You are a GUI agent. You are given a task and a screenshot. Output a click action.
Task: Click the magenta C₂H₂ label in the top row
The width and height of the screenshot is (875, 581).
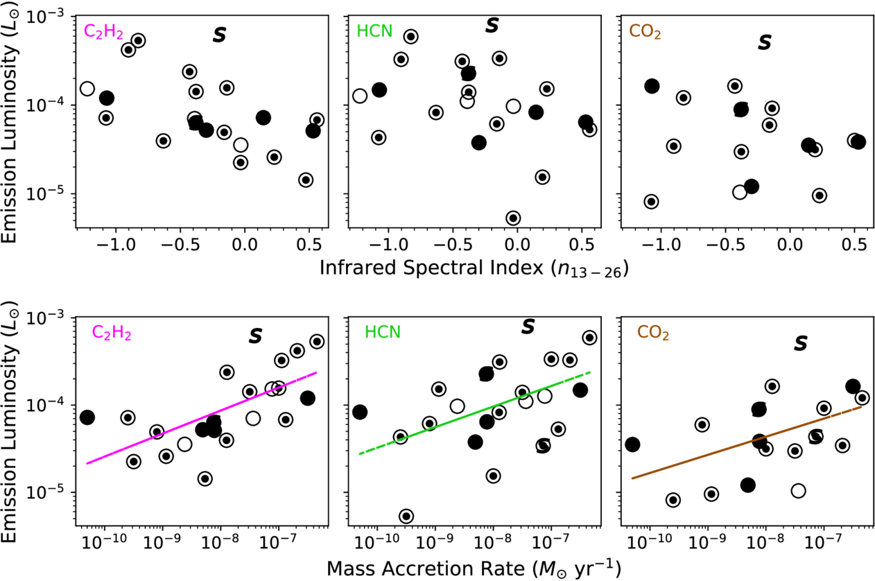[103, 32]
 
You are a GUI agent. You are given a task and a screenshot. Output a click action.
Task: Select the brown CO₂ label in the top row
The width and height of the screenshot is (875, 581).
[644, 32]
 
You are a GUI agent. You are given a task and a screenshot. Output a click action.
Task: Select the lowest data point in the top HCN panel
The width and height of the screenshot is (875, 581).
[513, 218]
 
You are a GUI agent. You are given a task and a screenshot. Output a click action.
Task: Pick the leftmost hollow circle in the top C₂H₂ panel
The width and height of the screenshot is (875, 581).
[87, 89]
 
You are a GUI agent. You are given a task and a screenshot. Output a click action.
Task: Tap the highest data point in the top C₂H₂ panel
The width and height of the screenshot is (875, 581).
[138, 40]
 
